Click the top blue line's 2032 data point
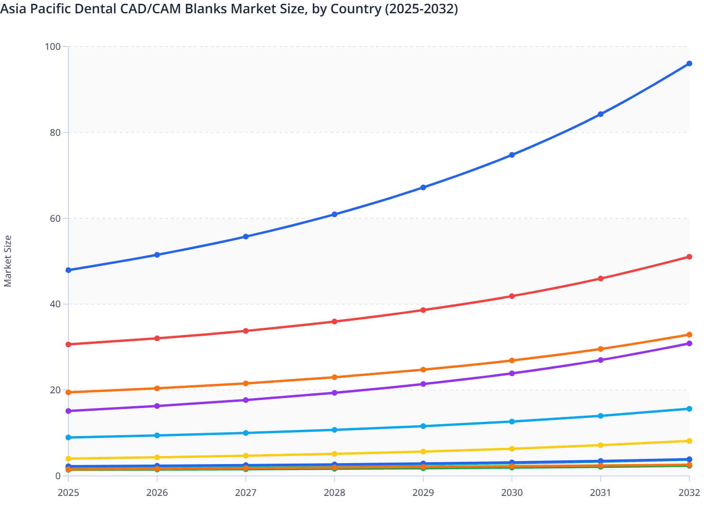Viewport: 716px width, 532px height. [x=689, y=64]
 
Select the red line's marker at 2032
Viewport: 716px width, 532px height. [x=689, y=257]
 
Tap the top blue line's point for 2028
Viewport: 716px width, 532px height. [x=334, y=214]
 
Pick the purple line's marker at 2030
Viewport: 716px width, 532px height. [x=512, y=373]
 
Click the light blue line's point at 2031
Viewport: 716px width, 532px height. [x=601, y=416]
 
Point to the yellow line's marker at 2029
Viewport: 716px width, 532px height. [x=423, y=452]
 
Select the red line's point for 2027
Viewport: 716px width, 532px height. [x=246, y=331]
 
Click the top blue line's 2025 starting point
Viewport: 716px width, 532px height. [x=68, y=270]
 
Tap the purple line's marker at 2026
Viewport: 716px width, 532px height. [x=157, y=406]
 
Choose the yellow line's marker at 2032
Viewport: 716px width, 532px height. [x=689, y=441]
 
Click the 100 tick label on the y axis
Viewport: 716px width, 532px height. [x=53, y=47]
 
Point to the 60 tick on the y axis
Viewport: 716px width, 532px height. [x=55, y=218]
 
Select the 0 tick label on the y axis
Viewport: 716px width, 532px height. [x=57, y=476]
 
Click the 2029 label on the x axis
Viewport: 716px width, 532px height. [x=423, y=493]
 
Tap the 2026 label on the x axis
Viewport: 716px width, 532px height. [x=157, y=493]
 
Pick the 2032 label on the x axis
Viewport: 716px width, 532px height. [x=689, y=493]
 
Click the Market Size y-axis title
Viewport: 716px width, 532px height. [x=8, y=261]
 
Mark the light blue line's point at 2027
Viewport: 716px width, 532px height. [x=246, y=433]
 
